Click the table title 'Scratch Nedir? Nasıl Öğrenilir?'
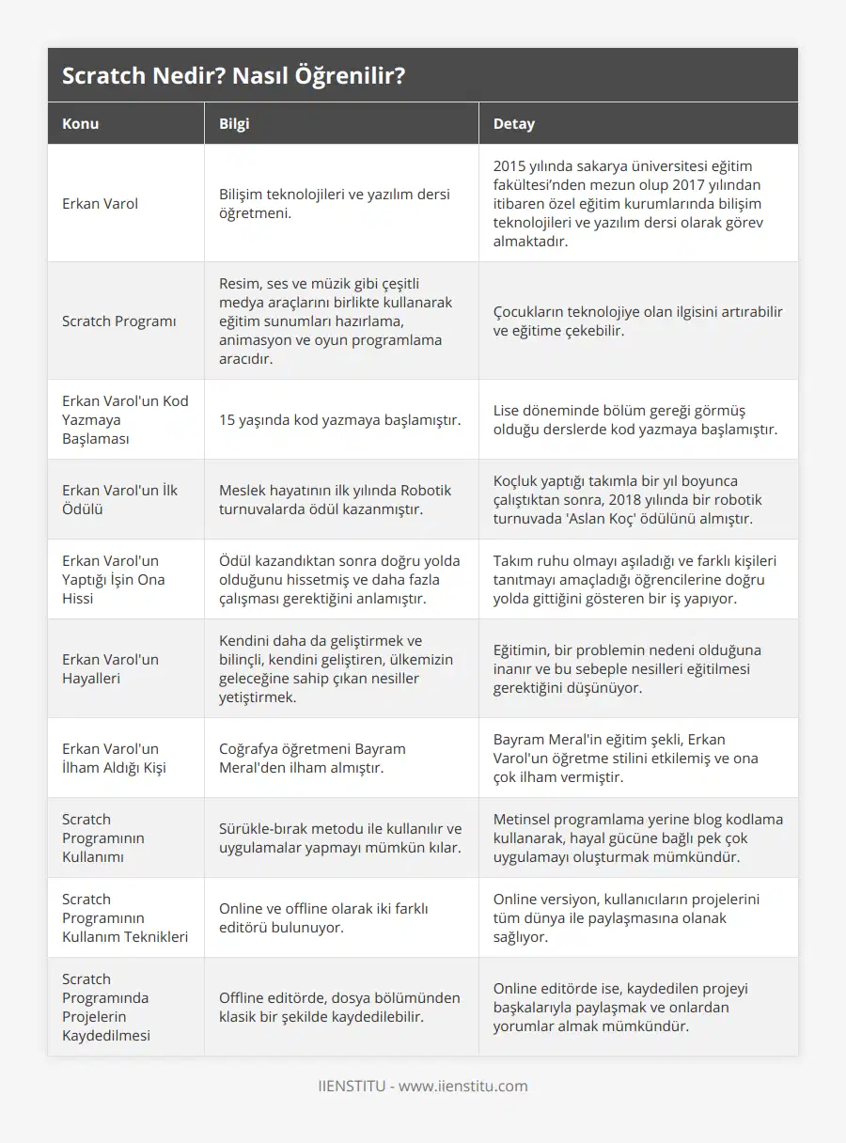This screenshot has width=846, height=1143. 234,76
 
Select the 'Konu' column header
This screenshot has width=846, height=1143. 81,124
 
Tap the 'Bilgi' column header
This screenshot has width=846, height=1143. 234,124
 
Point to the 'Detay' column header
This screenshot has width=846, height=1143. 513,124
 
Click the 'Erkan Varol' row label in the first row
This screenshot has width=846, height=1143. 100,203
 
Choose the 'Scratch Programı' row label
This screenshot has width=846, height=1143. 118,321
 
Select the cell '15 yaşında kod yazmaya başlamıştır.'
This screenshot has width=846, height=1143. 339,419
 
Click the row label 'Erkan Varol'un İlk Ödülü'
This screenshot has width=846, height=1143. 120,499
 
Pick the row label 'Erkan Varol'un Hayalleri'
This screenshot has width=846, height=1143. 111,668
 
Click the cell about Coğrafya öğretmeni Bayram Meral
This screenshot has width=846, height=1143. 312,758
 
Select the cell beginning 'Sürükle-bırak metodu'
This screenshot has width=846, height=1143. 340,838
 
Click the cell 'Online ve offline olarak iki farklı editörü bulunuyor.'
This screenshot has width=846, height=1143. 323,917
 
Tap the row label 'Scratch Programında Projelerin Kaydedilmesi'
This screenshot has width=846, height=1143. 105,1007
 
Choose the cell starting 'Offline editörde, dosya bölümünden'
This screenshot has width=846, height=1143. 339,1007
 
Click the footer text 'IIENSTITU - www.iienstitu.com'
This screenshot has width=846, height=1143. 422,1086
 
